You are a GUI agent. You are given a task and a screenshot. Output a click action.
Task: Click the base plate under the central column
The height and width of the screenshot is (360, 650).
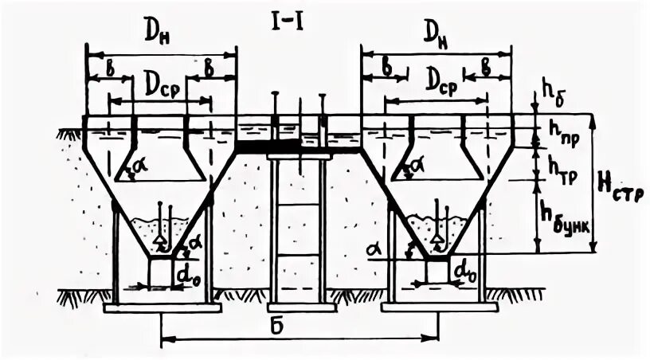pos(298,307)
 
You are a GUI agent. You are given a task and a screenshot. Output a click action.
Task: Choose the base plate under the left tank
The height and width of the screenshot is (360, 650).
pos(162,307)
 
